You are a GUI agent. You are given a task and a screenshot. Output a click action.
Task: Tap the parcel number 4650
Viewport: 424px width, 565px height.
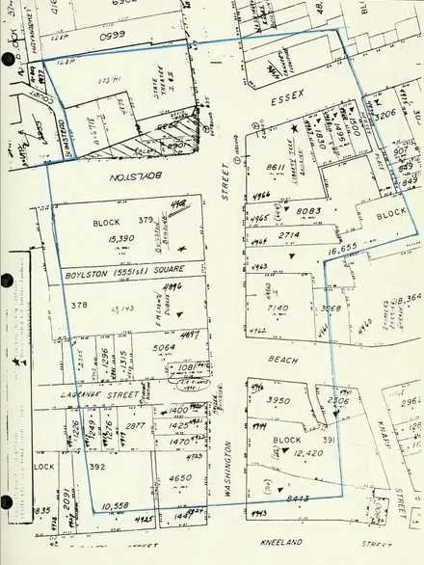click(x=179, y=478)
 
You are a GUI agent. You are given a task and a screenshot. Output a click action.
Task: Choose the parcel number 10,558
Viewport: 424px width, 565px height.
click(x=115, y=504)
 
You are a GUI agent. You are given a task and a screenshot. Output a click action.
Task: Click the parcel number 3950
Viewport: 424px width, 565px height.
click(x=278, y=400)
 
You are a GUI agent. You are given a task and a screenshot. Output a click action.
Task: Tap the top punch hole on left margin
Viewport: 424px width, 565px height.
click(x=9, y=60)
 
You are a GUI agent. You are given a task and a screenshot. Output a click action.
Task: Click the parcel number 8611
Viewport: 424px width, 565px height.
click(x=276, y=168)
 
